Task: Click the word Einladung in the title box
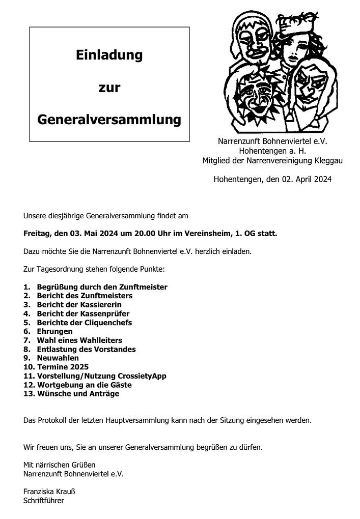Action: coord(109,55)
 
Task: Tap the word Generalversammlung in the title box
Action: coord(109,120)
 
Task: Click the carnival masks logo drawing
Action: coord(281,71)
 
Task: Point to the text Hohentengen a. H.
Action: coord(272,151)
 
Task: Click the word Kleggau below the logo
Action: coord(328,161)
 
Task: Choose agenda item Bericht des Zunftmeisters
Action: coord(85,296)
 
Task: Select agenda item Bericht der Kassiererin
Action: coord(79,305)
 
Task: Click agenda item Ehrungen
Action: coord(54,331)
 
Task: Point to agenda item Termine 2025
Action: coord(63,367)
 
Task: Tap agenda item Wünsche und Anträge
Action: coord(78,393)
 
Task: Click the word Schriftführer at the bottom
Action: coord(44,500)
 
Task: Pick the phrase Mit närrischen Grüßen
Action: coord(59,465)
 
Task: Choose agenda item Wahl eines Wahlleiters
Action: coord(79,340)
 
